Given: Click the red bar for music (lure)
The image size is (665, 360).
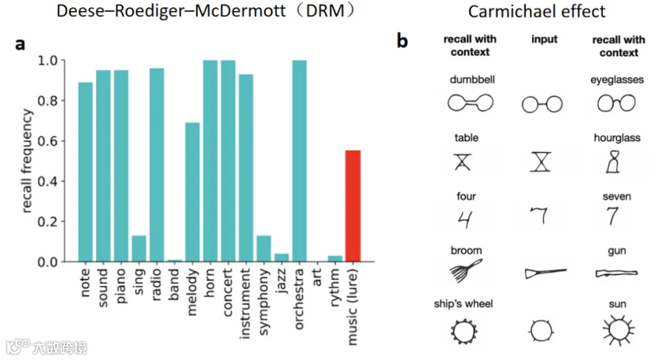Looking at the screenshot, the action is pyautogui.click(x=353, y=206).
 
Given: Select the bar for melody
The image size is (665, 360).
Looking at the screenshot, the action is pyautogui.click(x=192, y=192).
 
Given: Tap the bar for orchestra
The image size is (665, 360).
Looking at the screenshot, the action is pyautogui.click(x=299, y=161).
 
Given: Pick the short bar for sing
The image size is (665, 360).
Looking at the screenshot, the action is pyautogui.click(x=139, y=248).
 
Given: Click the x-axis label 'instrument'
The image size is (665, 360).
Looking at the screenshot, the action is pyautogui.click(x=245, y=304).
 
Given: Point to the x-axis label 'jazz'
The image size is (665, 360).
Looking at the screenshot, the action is pyautogui.click(x=281, y=281).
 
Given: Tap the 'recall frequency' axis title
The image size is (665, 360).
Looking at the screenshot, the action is pyautogui.click(x=27, y=160).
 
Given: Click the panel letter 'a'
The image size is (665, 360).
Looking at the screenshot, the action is pyautogui.click(x=20, y=44).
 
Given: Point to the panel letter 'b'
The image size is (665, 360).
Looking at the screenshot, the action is pyautogui.click(x=402, y=41).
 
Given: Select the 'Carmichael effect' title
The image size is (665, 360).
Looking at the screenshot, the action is pyautogui.click(x=536, y=11).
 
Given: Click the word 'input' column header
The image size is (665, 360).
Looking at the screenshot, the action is pyautogui.click(x=545, y=39).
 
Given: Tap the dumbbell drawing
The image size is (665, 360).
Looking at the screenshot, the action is pyautogui.click(x=471, y=103).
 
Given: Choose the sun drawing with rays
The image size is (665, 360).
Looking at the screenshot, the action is pyautogui.click(x=618, y=330).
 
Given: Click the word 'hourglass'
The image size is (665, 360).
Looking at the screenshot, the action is pyautogui.click(x=617, y=137).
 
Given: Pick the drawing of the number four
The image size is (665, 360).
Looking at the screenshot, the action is pyautogui.click(x=465, y=220).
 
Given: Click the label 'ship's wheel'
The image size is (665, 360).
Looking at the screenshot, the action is pyautogui.click(x=463, y=304).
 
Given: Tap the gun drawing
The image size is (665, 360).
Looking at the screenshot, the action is pyautogui.click(x=617, y=274).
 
